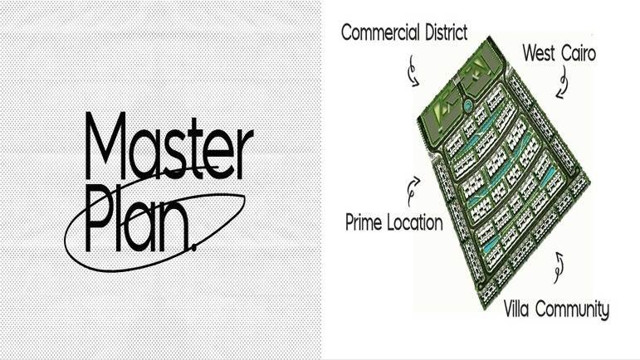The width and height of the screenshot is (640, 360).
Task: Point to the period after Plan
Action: coord(193,243)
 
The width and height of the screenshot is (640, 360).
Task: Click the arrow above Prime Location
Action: coord(413,191)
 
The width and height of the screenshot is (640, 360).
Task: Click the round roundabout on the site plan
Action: coord(467,105)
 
